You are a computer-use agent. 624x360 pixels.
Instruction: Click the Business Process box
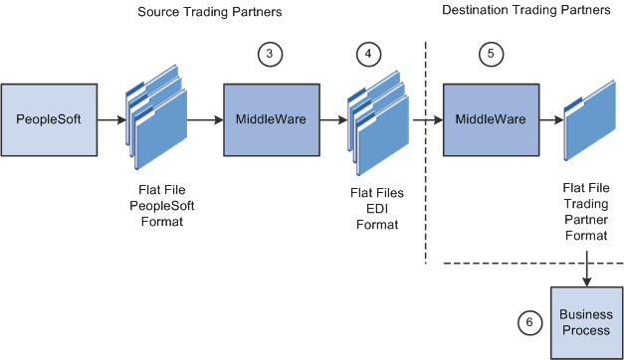tap(586, 321)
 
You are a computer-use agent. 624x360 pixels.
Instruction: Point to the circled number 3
tap(268, 57)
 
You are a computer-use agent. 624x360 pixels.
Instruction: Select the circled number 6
tap(530, 321)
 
